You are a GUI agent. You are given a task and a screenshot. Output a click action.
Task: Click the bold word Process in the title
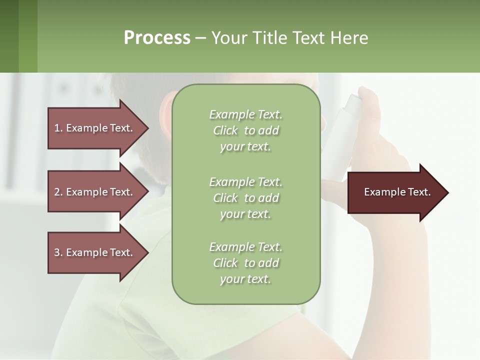coord(157,37)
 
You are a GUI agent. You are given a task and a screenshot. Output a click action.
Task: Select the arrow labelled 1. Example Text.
coord(95,128)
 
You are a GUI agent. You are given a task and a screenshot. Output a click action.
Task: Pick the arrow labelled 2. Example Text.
coord(95,192)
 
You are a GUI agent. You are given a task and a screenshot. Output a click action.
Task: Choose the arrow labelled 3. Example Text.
coord(95,252)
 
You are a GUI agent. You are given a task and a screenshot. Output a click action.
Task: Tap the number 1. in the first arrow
coord(58,128)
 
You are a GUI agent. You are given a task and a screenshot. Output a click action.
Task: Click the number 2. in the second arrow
coord(58,192)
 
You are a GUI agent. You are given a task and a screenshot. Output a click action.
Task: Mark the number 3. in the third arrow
coord(58,252)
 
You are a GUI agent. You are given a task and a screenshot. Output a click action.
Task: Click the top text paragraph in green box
coord(245,130)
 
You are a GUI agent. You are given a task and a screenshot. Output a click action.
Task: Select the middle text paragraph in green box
coord(245,198)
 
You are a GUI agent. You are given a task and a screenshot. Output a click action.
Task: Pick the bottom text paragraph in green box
coord(245,263)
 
